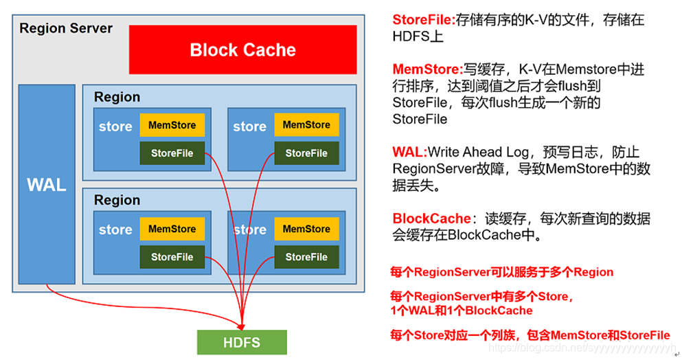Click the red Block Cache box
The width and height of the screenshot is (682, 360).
242,49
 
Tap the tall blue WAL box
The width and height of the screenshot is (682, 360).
46,184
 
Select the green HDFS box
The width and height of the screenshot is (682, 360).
241,341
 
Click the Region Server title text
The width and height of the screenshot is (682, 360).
66,28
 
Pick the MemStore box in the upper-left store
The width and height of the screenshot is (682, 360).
172,125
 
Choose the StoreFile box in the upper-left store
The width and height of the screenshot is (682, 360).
172,153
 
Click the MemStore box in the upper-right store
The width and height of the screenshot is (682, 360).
306,125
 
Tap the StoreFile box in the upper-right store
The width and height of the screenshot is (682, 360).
306,153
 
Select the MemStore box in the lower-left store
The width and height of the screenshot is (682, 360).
172,229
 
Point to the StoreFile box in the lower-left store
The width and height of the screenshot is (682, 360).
172,257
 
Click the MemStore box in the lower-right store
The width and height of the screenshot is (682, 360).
306,229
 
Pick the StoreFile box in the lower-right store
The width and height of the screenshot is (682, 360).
306,257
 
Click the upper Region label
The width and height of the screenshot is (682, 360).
117,97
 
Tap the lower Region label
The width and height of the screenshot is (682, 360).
117,200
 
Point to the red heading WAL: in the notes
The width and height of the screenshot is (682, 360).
410,152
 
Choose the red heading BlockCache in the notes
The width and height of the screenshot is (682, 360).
431,218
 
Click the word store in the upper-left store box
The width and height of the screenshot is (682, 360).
115,126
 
